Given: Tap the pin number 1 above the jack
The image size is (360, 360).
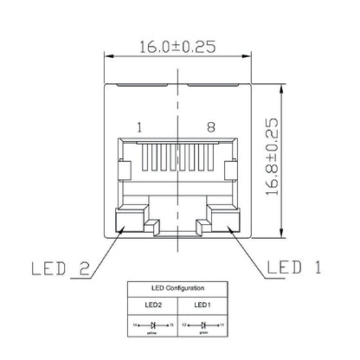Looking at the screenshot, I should tap(139, 128).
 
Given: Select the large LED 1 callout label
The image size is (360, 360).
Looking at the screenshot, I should tap(294, 267).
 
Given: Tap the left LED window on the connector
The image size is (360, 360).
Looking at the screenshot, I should tap(131, 222).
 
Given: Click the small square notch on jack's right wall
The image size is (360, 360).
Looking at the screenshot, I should tap(229, 170).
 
